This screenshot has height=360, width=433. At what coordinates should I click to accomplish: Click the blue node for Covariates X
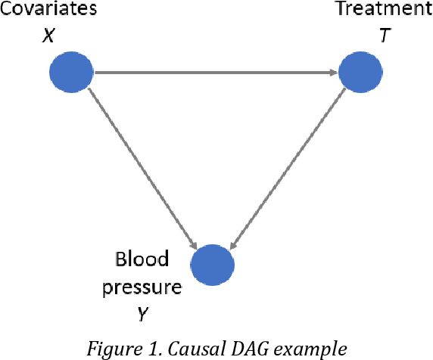(x=71, y=73)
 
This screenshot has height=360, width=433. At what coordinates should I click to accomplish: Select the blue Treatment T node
(x=360, y=73)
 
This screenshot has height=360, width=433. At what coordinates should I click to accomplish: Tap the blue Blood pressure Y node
(x=213, y=266)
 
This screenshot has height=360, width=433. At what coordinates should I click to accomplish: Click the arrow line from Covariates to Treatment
(x=215, y=73)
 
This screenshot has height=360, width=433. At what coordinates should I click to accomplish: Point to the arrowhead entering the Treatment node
(x=333, y=73)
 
